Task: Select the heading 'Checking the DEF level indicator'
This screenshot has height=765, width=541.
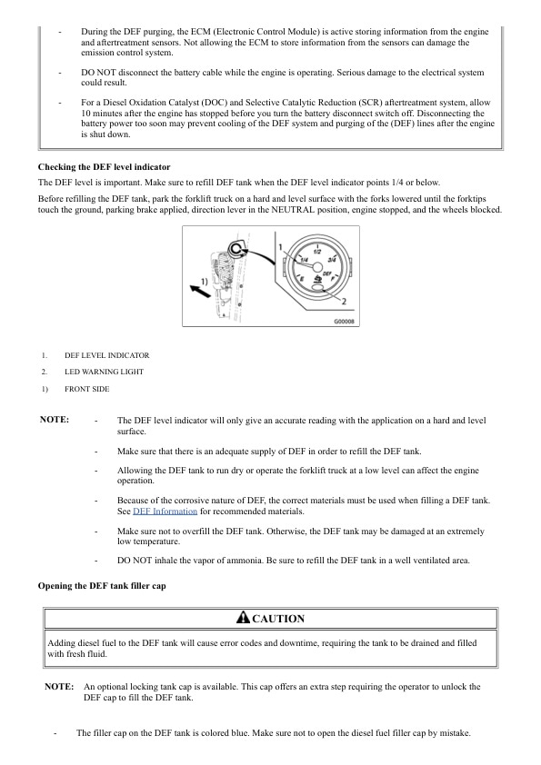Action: point(104,167)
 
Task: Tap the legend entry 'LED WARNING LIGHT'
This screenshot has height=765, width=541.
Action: point(104,372)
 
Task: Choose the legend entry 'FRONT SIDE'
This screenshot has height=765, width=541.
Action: point(86,388)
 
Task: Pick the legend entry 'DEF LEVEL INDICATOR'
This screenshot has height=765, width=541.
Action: point(106,355)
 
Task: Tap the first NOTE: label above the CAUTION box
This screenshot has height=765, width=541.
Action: point(55,420)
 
